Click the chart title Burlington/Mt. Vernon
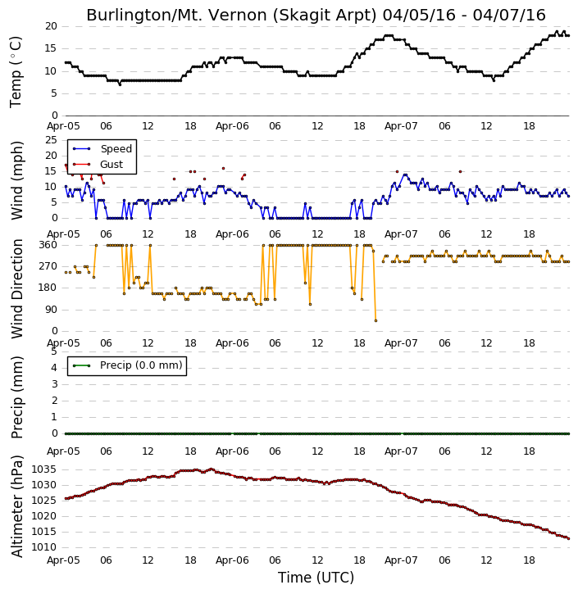pos(231,15)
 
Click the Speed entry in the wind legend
pos(116,149)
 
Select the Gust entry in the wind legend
pos(112,165)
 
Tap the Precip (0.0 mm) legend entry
pos(141,365)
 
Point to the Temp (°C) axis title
pos(16,72)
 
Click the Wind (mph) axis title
pos(16,180)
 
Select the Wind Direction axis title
pos(16,288)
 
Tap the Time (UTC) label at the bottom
pos(316,578)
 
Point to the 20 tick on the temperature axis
pos(51,26)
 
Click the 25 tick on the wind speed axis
pos(51,140)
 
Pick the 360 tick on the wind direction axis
pos(48,245)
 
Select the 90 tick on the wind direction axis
pos(51,310)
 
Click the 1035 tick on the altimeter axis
pos(43,469)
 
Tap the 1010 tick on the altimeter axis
pos(43,547)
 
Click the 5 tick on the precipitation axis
pos(54,351)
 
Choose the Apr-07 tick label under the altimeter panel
pos(401,560)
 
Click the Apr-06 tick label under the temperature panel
pos(232,126)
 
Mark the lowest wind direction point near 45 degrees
pos(375,320)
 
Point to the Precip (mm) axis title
pos(16,397)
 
